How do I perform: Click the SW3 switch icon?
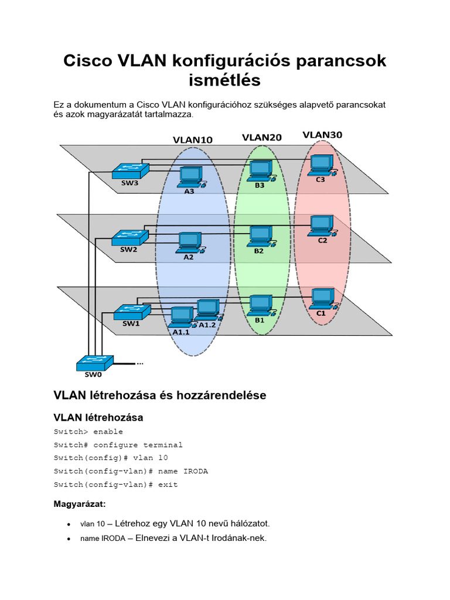coord(130,170)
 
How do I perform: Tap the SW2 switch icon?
coord(130,237)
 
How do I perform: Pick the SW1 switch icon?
coord(131,311)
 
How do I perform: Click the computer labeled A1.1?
coord(181,318)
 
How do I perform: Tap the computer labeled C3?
coord(321,165)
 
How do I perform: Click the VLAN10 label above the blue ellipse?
coord(192,140)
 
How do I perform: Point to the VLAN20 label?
coord(262,138)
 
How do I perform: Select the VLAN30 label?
coord(322,135)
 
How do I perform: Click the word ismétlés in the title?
coord(225,80)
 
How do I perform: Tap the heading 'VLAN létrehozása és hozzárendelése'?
coord(159,396)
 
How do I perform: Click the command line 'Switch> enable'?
coord(88,432)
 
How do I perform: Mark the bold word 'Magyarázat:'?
coord(79,504)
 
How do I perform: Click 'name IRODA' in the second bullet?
coord(103,539)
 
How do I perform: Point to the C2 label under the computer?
coord(322,240)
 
